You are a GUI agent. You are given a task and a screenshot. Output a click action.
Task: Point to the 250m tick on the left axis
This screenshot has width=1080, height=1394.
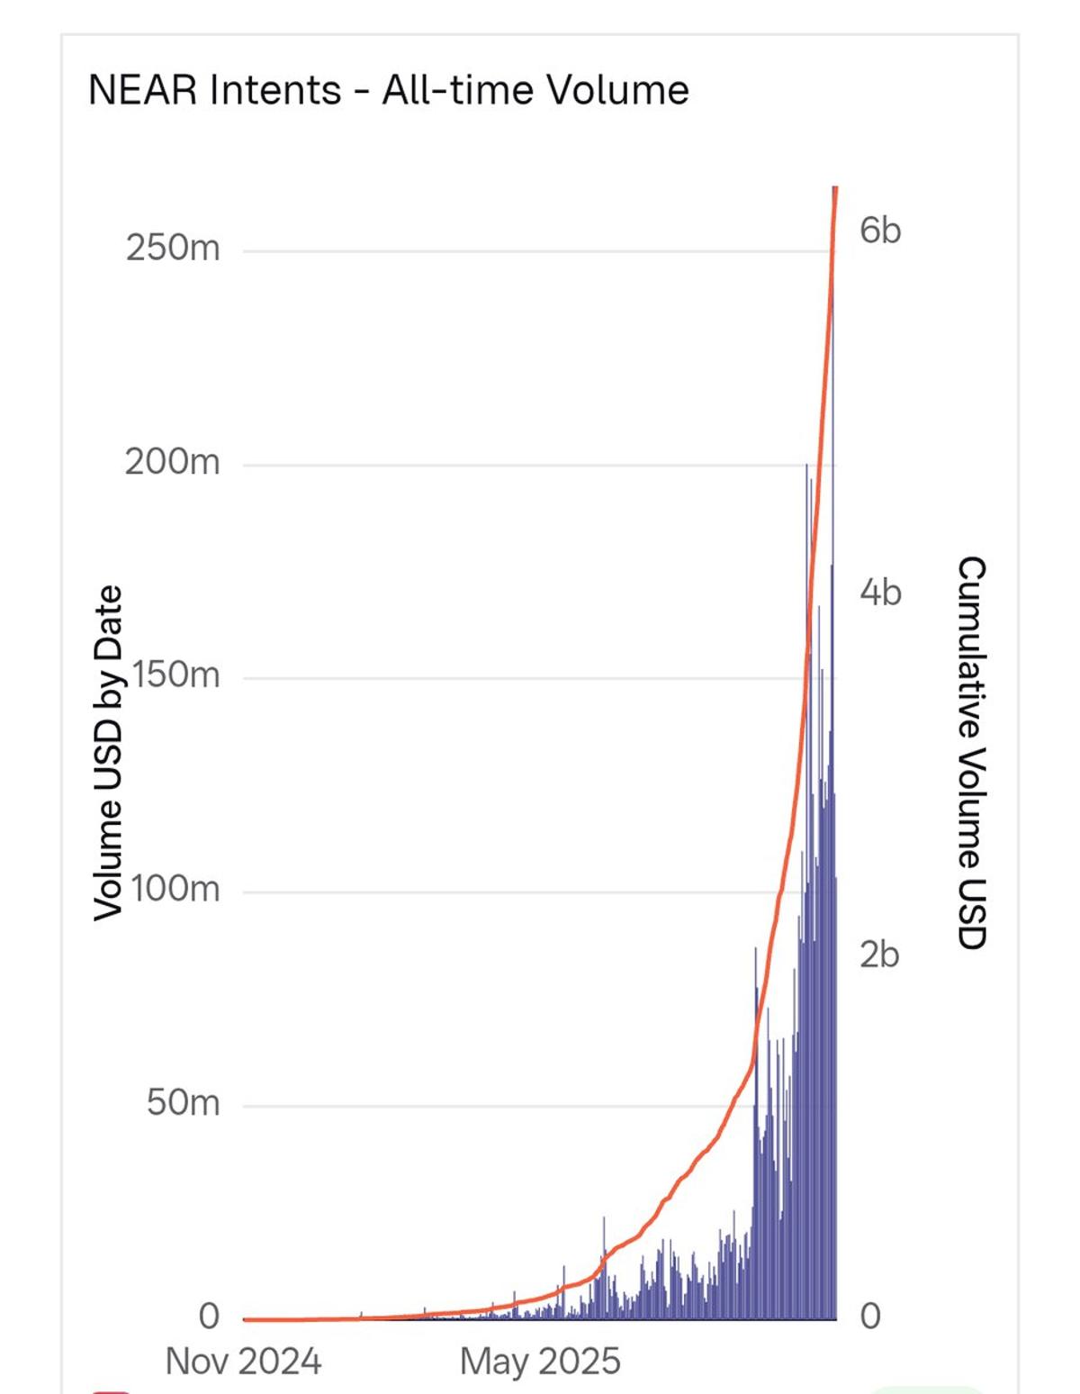(x=173, y=248)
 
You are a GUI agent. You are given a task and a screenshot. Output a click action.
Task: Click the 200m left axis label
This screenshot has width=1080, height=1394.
(x=172, y=462)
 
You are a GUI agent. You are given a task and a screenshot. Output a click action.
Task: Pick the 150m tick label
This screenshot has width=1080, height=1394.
(x=175, y=674)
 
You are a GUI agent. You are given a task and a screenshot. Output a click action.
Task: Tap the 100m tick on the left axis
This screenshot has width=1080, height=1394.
(x=175, y=889)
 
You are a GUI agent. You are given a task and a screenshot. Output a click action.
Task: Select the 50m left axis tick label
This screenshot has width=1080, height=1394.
(x=184, y=1102)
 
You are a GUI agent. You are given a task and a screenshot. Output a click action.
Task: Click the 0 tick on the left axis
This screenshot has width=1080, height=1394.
(x=209, y=1316)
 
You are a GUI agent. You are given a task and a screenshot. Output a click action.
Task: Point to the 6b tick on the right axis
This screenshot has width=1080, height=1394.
(x=879, y=231)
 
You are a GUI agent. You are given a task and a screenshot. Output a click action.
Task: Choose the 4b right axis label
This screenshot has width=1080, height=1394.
(x=879, y=592)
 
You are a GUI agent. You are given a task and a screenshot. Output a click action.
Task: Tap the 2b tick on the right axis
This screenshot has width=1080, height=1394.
(x=879, y=955)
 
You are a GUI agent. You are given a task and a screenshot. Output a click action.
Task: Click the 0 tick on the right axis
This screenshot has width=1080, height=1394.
(x=870, y=1316)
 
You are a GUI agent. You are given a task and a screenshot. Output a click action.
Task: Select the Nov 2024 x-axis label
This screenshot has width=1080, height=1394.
(x=243, y=1361)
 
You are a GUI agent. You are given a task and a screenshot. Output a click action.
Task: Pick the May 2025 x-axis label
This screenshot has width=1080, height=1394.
(x=540, y=1361)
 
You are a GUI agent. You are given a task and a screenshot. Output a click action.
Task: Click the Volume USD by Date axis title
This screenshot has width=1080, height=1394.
(x=108, y=753)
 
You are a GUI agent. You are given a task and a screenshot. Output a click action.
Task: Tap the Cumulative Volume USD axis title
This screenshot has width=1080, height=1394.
(x=971, y=753)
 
